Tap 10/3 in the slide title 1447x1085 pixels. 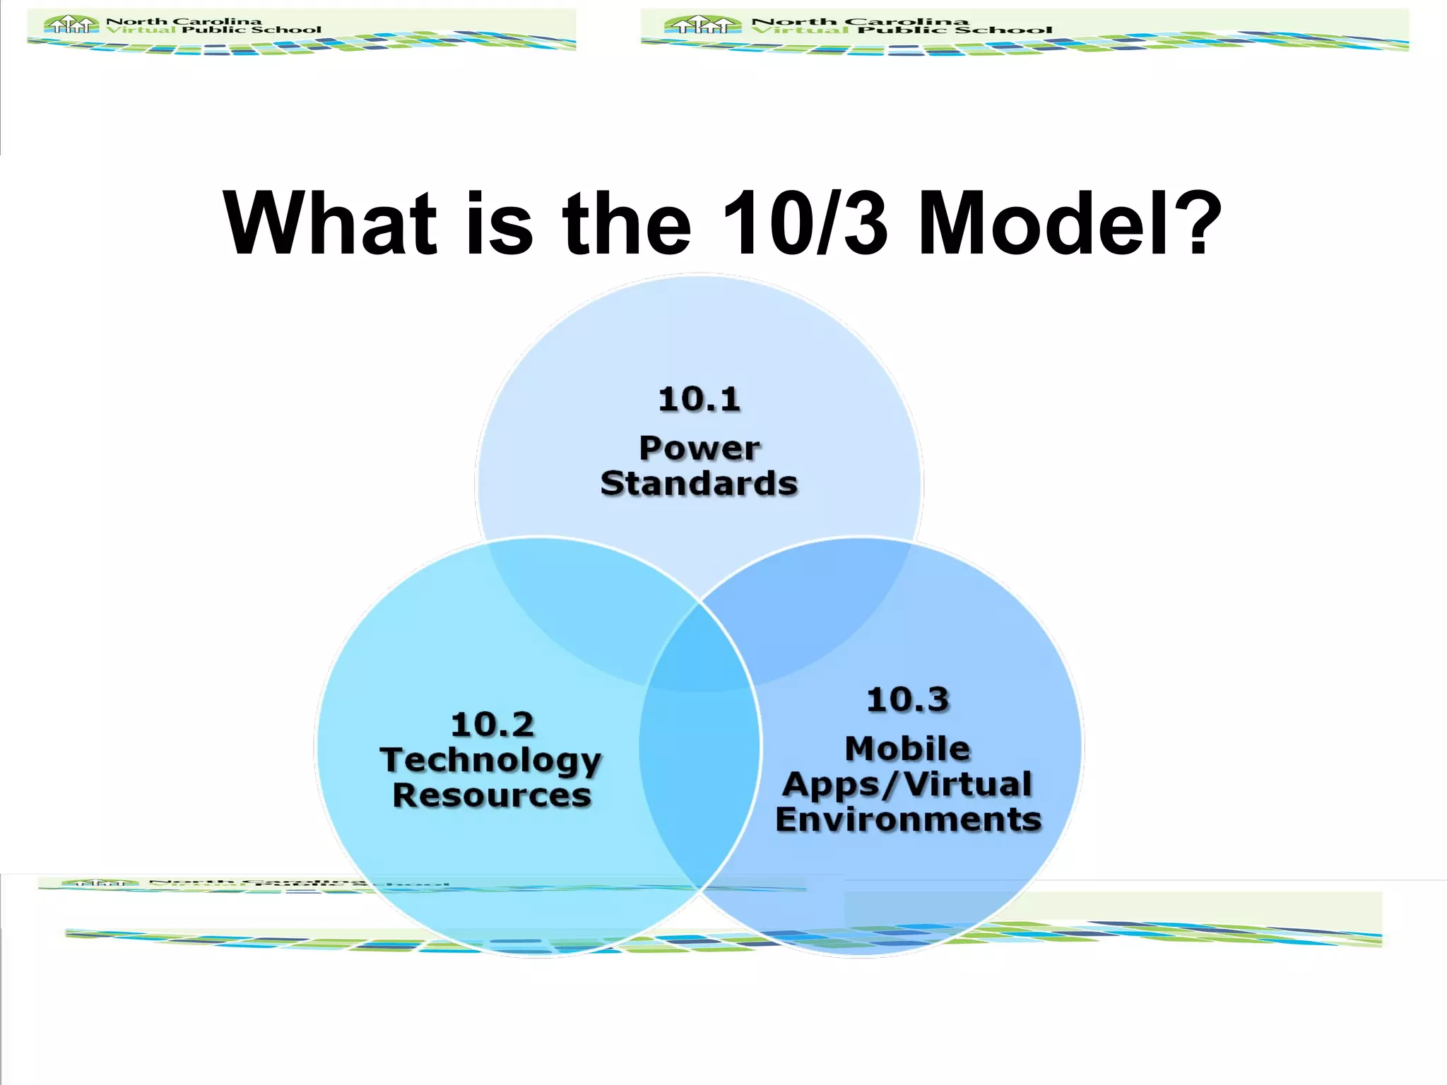(805, 224)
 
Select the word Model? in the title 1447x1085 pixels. (1070, 224)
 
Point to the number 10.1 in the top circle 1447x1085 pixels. (699, 399)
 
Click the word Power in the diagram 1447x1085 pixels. (699, 448)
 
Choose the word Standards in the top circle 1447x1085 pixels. (699, 484)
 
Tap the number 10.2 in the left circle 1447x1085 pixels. (492, 725)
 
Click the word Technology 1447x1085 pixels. (491, 761)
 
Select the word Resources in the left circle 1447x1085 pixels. (492, 795)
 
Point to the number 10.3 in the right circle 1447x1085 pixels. (908, 700)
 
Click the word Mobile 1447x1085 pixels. (908, 749)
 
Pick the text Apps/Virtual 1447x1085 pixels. (908, 785)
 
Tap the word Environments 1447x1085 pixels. (909, 820)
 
